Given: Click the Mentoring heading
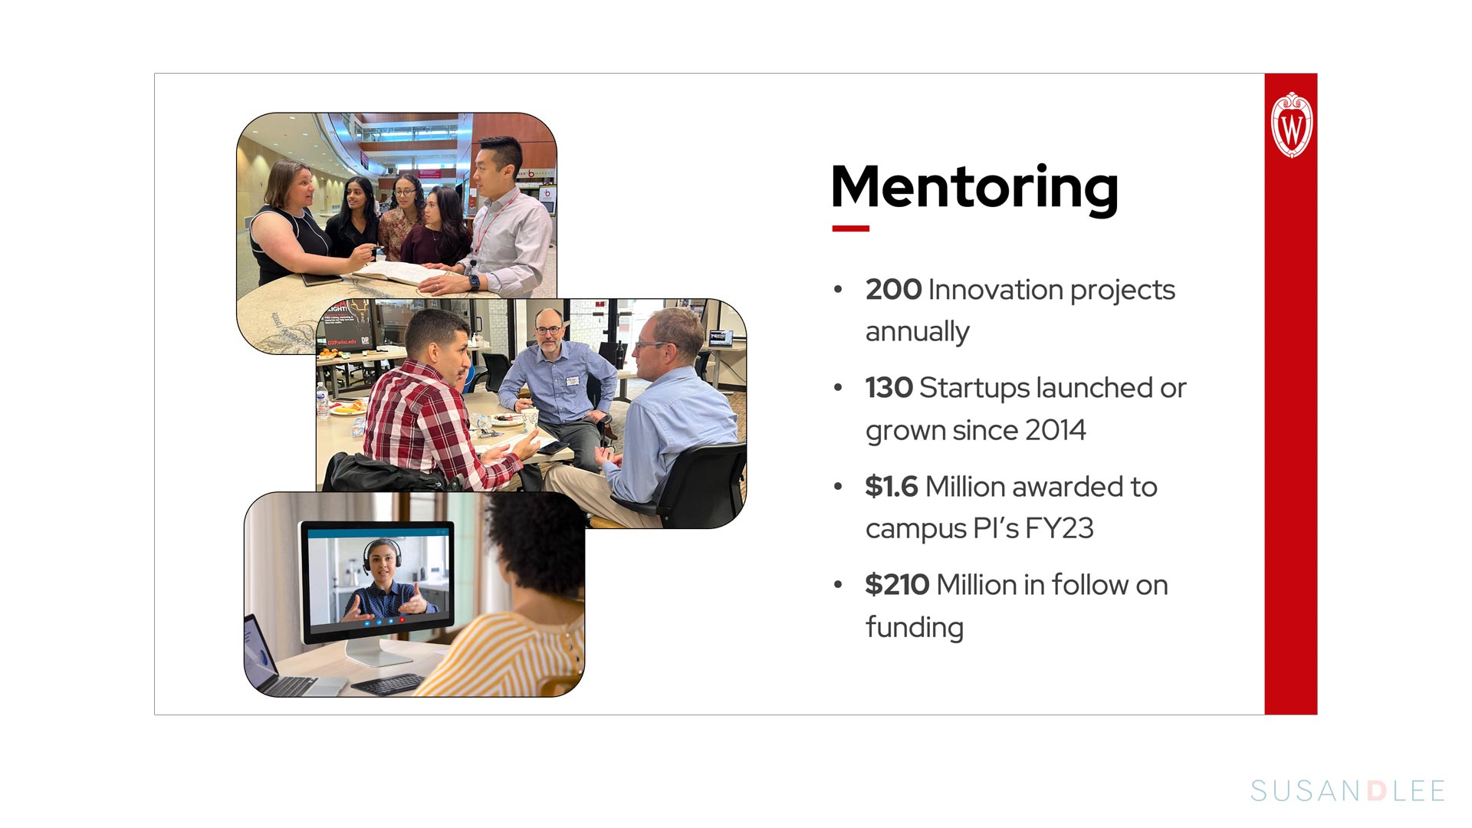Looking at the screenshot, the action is click(974, 188).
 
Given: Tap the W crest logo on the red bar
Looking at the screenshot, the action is click(1292, 125).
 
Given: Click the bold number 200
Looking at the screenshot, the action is click(893, 290).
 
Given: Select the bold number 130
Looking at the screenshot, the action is click(889, 388).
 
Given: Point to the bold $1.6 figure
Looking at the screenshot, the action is click(891, 486).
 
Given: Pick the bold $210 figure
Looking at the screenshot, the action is click(897, 584).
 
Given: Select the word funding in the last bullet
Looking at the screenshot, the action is click(915, 627).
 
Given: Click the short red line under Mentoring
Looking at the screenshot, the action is click(851, 228).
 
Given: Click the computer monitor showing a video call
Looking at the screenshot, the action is click(376, 583).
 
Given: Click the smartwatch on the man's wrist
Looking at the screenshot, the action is click(474, 282).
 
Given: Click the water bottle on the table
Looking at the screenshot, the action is click(323, 400).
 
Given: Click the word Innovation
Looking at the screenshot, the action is click(994, 290).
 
